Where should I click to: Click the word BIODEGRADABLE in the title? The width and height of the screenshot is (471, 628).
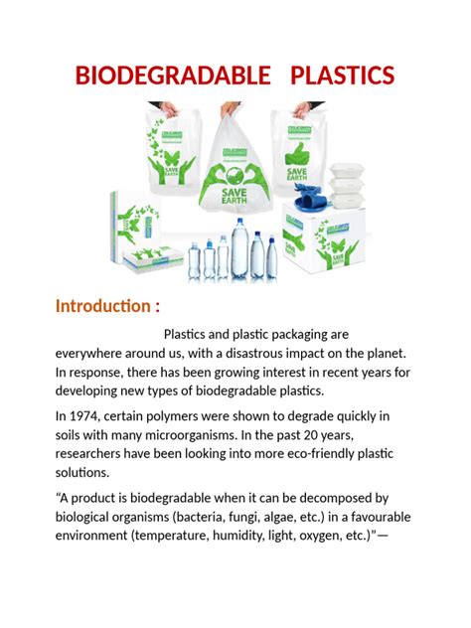click(160, 76)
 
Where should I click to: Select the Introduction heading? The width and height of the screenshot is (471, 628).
click(107, 305)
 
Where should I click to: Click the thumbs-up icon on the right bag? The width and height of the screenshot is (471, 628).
click(297, 152)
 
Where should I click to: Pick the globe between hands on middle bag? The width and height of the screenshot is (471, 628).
click(235, 164)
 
